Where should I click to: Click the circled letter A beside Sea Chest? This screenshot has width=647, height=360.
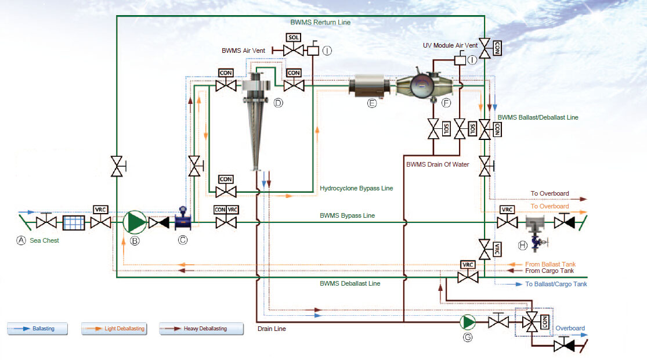click(21, 240)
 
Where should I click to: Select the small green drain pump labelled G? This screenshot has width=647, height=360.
click(467, 321)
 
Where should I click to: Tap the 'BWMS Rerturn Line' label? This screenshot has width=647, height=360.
click(320, 23)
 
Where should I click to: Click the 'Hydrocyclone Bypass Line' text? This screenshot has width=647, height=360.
click(356, 188)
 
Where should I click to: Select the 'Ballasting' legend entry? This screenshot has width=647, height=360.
click(38, 329)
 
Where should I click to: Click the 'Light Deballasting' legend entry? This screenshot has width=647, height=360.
click(114, 329)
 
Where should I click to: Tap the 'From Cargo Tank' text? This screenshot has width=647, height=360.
click(550, 271)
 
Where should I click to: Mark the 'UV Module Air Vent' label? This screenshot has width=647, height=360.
click(450, 45)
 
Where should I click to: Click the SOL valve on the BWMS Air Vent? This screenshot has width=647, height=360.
click(294, 51)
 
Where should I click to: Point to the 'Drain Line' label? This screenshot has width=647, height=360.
click(272, 329)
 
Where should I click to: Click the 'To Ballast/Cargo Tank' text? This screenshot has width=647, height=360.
click(556, 284)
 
